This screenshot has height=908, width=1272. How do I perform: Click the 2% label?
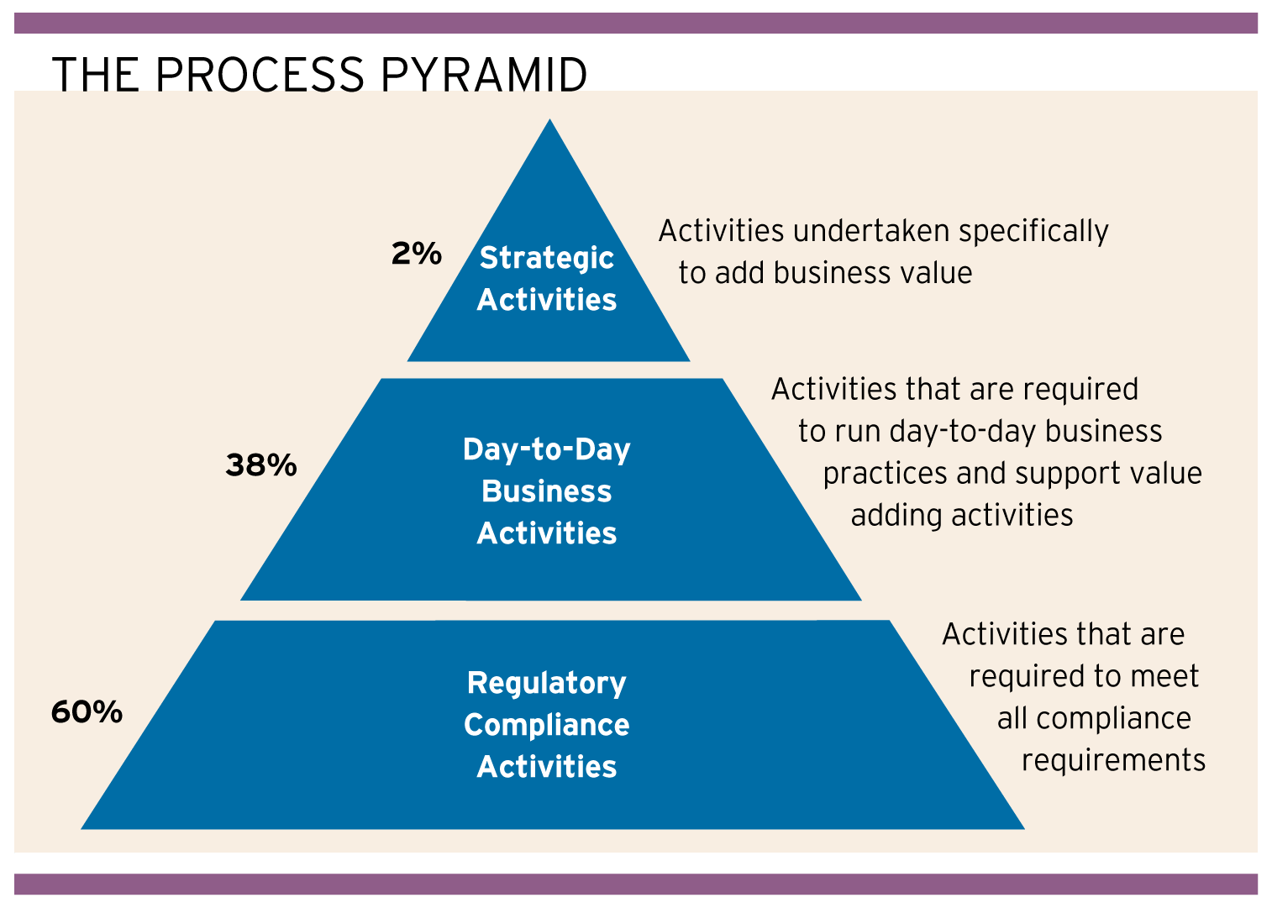tap(416, 254)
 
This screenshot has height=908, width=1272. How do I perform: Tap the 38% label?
tap(260, 464)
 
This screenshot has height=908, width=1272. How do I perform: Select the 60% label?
tap(87, 712)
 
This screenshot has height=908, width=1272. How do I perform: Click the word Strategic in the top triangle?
tap(546, 258)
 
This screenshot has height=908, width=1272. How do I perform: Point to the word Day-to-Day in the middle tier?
tap(546, 449)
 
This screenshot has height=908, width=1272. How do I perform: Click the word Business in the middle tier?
tap(546, 491)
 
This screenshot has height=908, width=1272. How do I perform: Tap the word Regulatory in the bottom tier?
tap(546, 683)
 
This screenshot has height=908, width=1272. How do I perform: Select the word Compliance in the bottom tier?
tap(546, 725)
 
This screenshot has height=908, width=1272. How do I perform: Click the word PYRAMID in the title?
tap(484, 75)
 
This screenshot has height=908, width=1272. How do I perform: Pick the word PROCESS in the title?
tap(260, 75)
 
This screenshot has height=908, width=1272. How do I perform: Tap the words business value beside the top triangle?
tap(873, 273)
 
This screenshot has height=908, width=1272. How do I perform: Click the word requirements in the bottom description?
tap(1113, 760)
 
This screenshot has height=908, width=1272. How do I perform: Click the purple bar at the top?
tap(636, 23)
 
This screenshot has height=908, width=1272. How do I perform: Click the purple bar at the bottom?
tap(636, 884)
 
